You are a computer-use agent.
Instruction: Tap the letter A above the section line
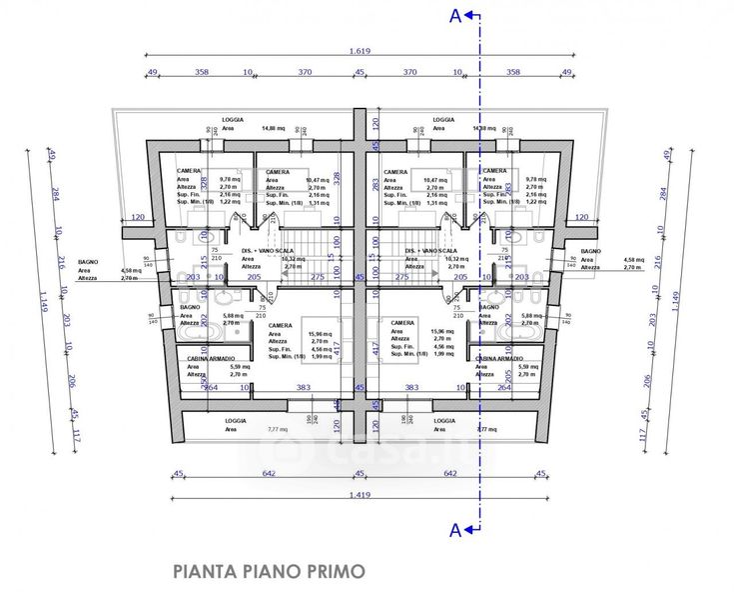[x=455, y=15]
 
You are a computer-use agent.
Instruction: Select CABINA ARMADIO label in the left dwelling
[x=211, y=358]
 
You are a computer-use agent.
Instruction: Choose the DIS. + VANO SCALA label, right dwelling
[x=431, y=250]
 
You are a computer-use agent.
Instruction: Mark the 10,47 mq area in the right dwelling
[x=434, y=179]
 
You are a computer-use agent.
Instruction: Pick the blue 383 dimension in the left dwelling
[x=303, y=387]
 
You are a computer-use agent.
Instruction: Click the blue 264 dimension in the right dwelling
[x=503, y=387]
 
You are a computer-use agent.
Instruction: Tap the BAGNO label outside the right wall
[x=591, y=250]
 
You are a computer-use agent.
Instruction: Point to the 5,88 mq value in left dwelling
[x=229, y=315]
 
